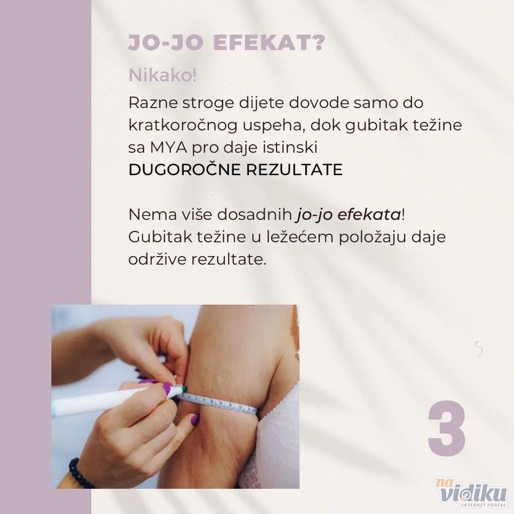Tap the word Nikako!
(163, 75)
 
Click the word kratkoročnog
(183, 125)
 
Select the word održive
(157, 260)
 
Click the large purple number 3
(446, 429)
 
